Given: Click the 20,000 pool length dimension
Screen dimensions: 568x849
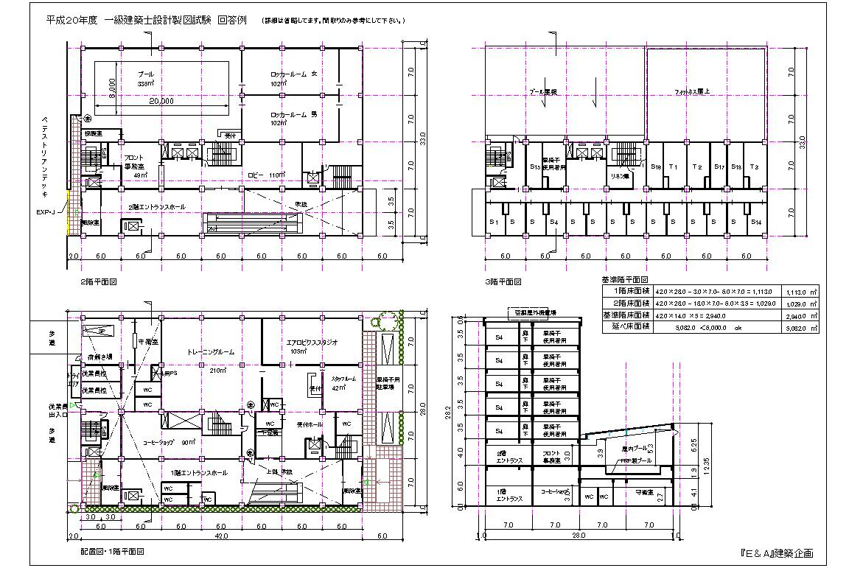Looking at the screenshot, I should (161, 102).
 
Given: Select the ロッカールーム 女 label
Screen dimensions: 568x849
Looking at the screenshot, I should (293, 75).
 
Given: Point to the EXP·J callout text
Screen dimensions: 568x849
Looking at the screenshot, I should (47, 212).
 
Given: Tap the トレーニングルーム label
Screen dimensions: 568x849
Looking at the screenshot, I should (211, 352).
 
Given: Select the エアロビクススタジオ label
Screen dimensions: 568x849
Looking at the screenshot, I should (312, 343).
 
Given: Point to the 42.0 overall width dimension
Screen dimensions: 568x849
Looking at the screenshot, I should (220, 537).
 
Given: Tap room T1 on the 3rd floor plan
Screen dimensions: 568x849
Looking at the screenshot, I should (672, 167).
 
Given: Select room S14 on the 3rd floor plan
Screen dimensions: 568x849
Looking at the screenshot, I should (755, 222).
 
